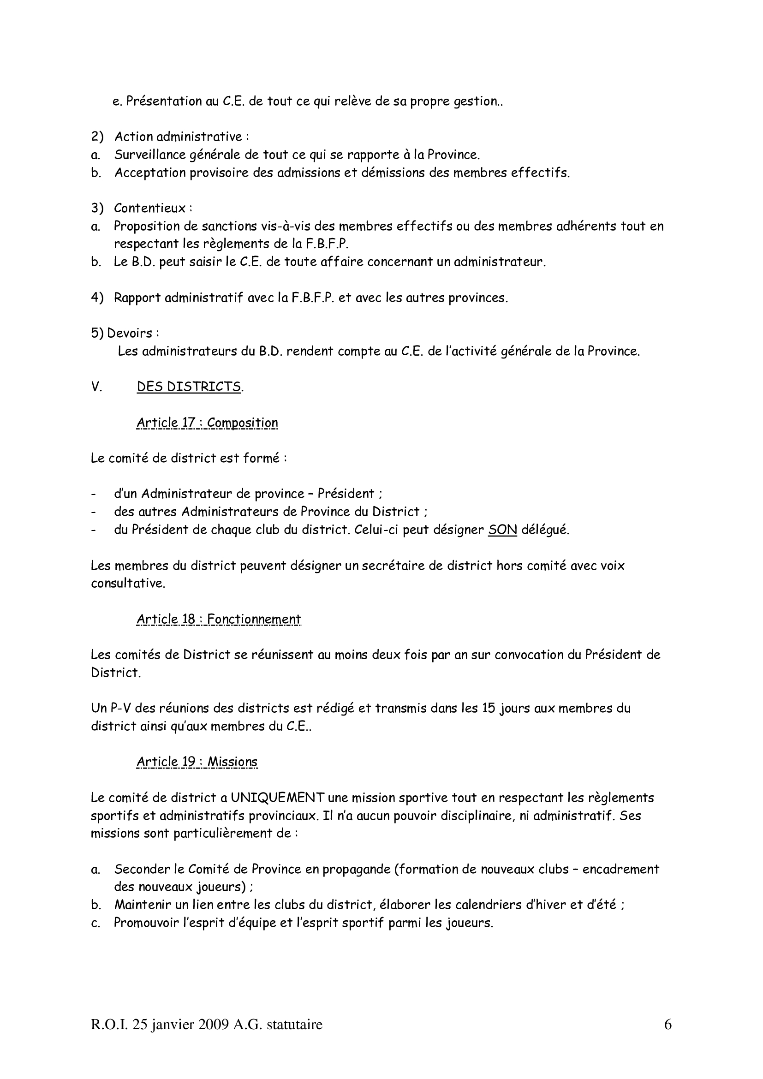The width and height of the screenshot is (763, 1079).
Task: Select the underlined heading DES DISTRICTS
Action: [189, 386]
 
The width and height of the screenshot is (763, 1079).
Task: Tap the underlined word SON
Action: [502, 530]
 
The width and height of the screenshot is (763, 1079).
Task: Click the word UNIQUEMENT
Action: [278, 798]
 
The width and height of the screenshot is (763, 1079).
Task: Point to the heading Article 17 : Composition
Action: [207, 423]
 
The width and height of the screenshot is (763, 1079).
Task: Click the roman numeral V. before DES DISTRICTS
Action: [96, 387]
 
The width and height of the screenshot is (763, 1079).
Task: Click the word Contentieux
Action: [150, 208]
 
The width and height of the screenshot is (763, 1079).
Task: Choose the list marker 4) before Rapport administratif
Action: [97, 298]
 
